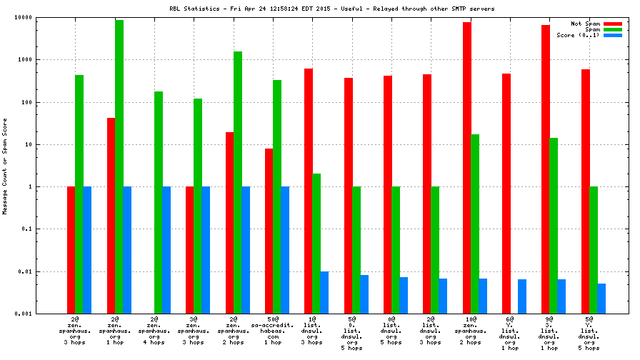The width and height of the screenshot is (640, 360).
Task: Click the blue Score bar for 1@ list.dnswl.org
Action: pyautogui.click(x=324, y=292)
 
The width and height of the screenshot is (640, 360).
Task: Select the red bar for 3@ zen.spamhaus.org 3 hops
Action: pyautogui.click(x=190, y=250)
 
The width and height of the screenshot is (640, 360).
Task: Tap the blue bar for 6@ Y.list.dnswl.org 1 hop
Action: pyautogui.click(x=522, y=296)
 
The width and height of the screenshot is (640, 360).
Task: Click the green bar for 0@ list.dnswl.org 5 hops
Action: pyautogui.click(x=396, y=250)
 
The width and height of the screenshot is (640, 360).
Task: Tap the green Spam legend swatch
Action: pyautogui.click(x=613, y=29)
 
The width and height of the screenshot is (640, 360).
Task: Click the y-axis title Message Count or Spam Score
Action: pyautogui.click(x=5, y=165)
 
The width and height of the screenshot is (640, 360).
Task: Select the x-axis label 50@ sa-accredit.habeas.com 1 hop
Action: pyautogui.click(x=277, y=330)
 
